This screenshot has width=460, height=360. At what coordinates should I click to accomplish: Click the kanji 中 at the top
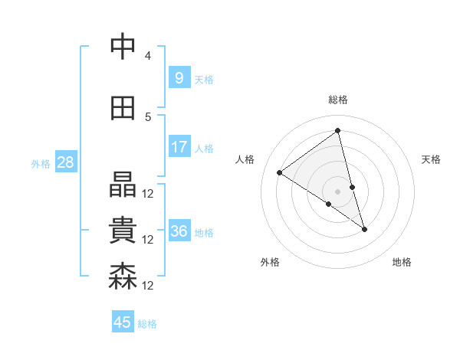123,47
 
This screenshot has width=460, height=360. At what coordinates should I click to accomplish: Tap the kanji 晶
123,185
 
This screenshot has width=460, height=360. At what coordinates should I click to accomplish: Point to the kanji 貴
123,231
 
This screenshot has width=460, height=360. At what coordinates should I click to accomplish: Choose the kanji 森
123,277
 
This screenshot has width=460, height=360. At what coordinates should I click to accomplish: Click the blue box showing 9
179,77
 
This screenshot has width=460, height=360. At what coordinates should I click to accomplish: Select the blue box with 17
179,146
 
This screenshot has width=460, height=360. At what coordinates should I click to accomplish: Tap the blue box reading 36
179,231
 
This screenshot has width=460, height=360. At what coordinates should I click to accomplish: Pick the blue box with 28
65,162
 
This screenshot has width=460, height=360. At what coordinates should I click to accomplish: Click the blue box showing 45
123,322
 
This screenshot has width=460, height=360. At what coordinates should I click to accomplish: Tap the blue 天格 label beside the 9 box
204,79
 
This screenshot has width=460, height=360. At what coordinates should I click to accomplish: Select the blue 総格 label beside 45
147,323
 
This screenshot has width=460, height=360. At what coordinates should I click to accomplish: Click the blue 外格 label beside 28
41,163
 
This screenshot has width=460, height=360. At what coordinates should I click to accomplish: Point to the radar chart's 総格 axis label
338,100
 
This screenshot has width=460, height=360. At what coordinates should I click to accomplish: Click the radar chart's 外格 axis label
270,262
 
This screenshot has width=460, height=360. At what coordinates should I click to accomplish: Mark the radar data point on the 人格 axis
280,172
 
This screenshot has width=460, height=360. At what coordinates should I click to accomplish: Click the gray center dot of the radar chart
338,191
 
